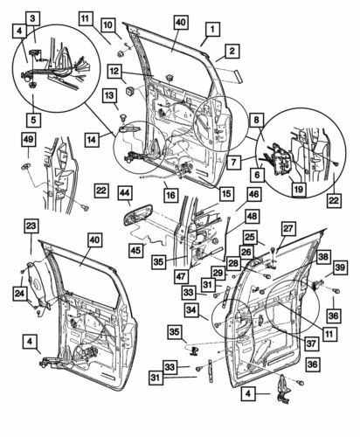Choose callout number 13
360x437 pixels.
[111, 94]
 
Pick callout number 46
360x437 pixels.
[253, 197]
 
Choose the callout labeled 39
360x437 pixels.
[339, 267]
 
